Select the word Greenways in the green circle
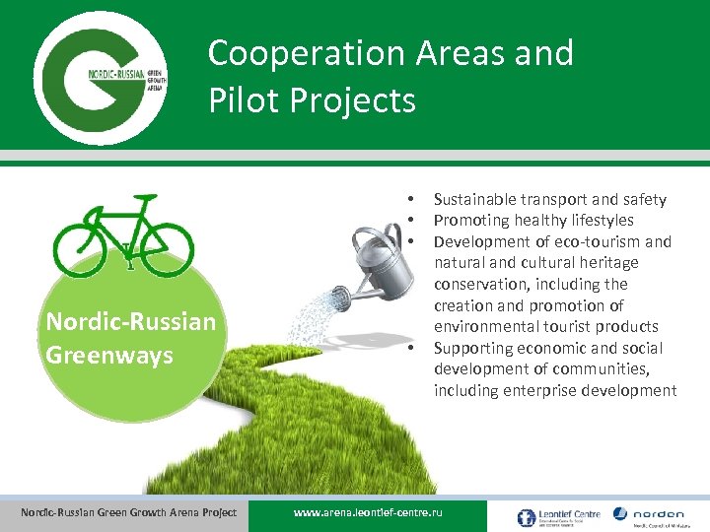coord(109,354)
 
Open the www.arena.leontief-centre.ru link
coord(369,513)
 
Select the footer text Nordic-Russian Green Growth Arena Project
coord(129,512)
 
